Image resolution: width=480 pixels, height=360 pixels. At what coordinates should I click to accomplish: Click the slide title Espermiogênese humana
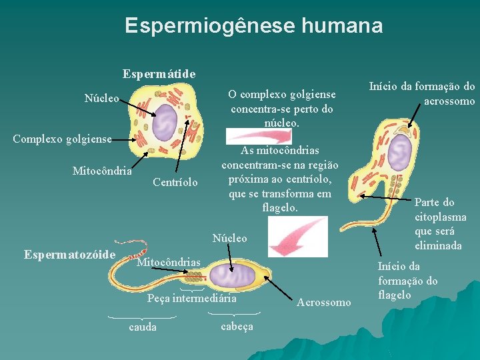pos(253,26)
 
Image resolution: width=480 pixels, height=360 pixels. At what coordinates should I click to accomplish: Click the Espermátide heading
pos(159,73)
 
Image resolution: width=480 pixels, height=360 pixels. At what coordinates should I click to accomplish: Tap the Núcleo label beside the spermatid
pos(101,99)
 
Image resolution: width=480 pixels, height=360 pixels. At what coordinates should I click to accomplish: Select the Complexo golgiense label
pos(62,139)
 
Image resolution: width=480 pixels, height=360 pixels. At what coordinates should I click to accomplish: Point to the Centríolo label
pos(175,182)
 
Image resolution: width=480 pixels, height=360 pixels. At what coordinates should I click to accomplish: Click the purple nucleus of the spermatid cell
pos(165,122)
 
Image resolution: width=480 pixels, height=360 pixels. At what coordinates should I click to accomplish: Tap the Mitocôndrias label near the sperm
pos(168,263)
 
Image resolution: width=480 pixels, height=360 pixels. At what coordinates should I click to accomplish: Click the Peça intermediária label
pos(192,299)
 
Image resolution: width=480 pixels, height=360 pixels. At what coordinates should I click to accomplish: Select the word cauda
pos(143,327)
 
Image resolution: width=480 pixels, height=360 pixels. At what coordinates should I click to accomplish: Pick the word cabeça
pos(236,326)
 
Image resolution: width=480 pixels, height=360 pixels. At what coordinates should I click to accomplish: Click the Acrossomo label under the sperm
pos(324,303)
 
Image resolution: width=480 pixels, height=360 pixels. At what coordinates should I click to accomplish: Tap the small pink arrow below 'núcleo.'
pos(271,136)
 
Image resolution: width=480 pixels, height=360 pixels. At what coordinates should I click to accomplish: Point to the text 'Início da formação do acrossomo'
pos(422,93)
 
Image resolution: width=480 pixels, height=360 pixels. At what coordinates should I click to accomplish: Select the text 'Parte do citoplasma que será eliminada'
pos(440,224)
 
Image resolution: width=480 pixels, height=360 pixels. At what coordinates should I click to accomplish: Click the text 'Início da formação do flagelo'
pos(407,281)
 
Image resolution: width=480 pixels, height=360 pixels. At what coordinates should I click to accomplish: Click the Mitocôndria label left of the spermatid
pos(102,171)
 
